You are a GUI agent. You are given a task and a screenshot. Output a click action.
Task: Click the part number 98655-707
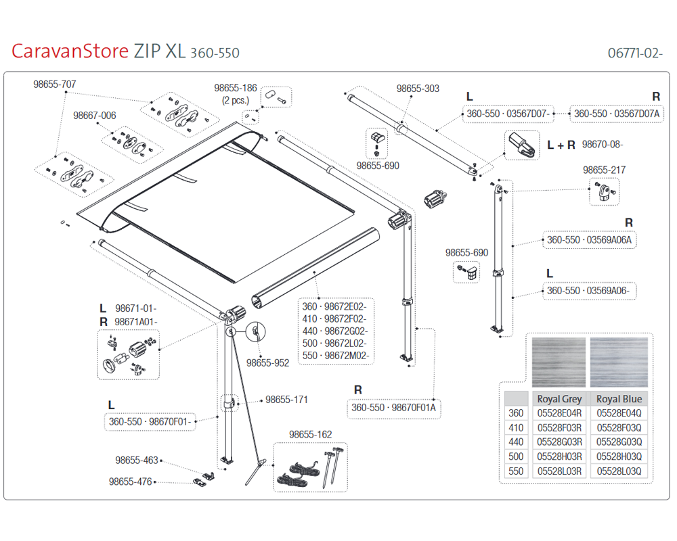click(55, 85)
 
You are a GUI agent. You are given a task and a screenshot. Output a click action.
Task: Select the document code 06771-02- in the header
click(634, 53)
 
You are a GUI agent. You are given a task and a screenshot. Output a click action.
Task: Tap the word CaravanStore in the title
click(70, 52)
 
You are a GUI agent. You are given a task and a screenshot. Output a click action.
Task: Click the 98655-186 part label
click(236, 88)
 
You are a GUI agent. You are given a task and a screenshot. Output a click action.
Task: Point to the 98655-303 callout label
click(418, 89)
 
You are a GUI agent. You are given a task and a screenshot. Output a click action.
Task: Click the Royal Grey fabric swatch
click(559, 362)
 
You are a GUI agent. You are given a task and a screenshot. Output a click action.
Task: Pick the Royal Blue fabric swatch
click(619, 362)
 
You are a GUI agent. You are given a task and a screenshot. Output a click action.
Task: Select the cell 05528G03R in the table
click(559, 442)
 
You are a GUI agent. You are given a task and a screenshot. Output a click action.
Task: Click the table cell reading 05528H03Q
click(619, 456)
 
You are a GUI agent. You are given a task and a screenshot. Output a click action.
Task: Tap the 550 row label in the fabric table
click(516, 471)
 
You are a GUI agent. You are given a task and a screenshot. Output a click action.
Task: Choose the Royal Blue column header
click(619, 399)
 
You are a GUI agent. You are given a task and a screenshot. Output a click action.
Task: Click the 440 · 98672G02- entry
click(334, 331)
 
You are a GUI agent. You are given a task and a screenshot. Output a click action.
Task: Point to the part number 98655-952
click(267, 363)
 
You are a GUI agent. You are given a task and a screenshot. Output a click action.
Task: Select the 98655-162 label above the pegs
click(310, 434)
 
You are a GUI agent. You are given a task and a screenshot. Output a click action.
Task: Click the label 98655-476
click(131, 482)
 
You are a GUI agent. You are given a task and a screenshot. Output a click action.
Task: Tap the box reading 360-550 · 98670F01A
click(393, 408)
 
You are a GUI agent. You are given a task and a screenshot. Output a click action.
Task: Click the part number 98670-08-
click(603, 144)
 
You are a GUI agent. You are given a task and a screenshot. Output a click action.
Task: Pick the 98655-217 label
click(605, 170)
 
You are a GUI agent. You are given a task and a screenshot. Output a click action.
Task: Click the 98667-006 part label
click(95, 116)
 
